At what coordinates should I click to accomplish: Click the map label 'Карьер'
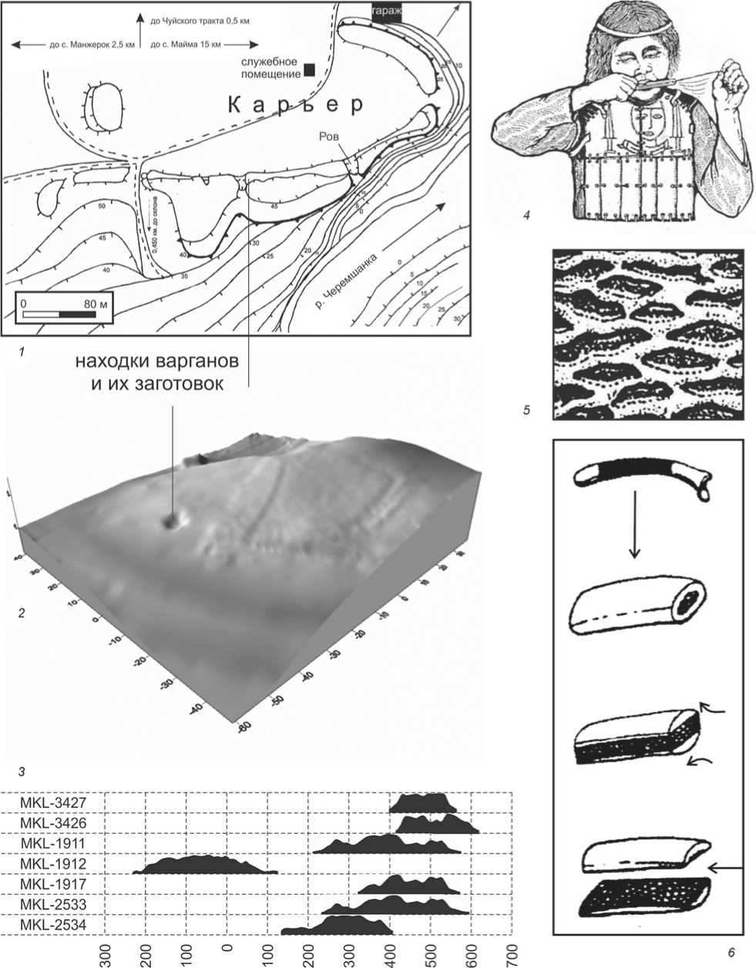pyautogui.click(x=295, y=106)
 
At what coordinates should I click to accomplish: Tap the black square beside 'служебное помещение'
pyautogui.click(x=309, y=69)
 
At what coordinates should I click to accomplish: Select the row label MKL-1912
pyautogui.click(x=54, y=864)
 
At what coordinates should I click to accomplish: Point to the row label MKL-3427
pyautogui.click(x=54, y=803)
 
